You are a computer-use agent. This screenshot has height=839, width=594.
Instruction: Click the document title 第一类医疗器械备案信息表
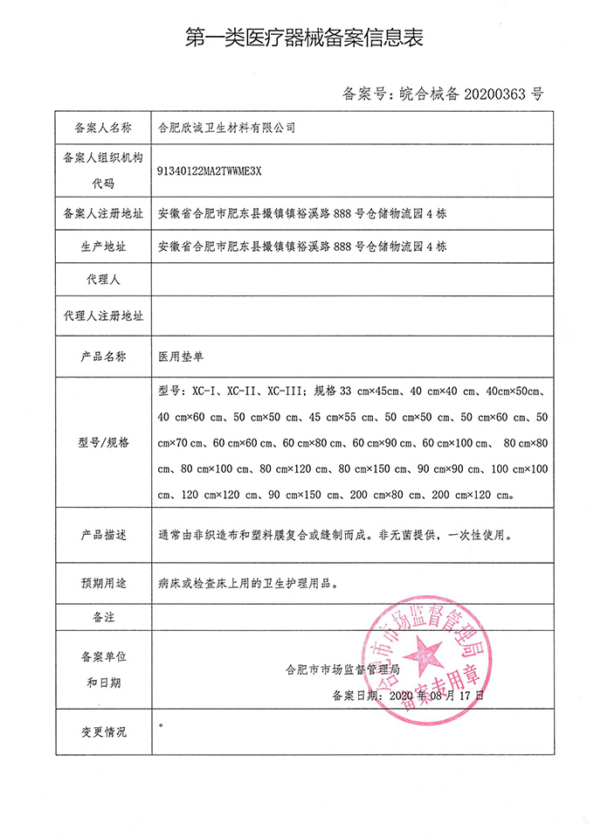coord(297,38)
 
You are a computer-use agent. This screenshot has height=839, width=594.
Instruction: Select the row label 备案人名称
coord(103,128)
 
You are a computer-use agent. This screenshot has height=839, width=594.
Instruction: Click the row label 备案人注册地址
coord(103,213)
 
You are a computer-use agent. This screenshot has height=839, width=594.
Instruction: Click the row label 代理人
coord(103,281)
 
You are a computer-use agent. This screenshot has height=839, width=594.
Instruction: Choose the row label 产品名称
coord(103,357)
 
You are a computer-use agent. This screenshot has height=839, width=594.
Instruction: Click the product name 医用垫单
coord(180,357)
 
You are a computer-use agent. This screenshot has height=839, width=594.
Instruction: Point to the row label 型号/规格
coord(103,442)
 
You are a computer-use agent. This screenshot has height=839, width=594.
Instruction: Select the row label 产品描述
coord(103,533)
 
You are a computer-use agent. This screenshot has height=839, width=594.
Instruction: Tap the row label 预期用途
coord(103,579)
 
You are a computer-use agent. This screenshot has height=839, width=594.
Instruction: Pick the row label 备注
coord(103,617)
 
